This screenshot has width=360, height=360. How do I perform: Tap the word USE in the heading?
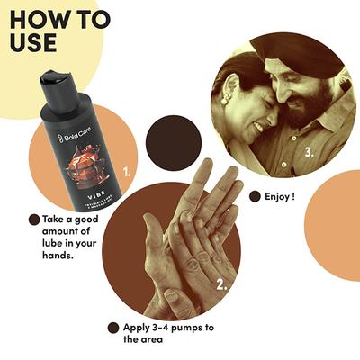pos(37,42)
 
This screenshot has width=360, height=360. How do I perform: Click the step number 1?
pos(128,168)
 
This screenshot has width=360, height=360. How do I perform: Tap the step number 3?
pos(308,152)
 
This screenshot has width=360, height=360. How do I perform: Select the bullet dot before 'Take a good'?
pos(34,219)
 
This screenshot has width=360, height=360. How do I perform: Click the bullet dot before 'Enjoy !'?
pos(255,195)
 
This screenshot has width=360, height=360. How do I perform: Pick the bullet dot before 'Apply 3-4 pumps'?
pos(112,328)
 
